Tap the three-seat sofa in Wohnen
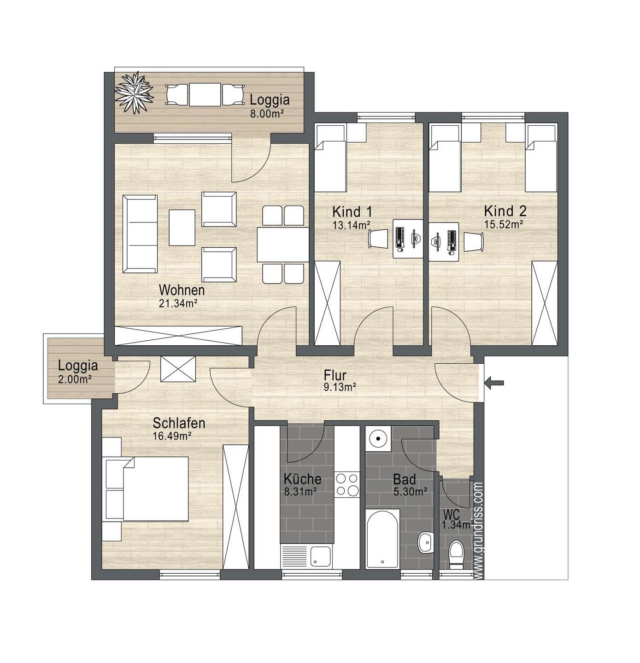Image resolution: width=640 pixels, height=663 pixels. [140, 234]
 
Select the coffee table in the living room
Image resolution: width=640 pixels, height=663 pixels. [182, 227]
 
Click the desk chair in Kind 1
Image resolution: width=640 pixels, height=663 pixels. [378, 238]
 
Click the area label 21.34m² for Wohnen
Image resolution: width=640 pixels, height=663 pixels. [178, 303]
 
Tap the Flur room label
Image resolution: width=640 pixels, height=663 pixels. [335, 375]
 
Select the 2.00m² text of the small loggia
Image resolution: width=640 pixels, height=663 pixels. [75, 379]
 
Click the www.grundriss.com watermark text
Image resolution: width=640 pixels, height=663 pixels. [479, 530]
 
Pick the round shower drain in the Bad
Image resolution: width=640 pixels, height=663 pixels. [378, 438]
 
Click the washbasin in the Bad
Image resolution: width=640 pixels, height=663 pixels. [426, 542]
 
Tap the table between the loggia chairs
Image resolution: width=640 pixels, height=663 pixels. [205, 94]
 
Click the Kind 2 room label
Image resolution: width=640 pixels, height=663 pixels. [505, 211]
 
